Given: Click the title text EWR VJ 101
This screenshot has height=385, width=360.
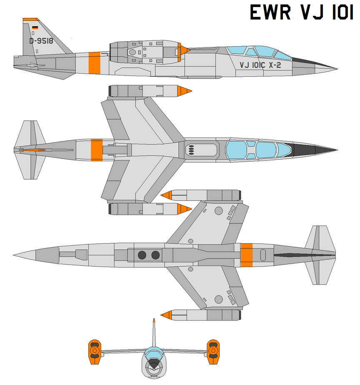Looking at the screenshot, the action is (302, 12).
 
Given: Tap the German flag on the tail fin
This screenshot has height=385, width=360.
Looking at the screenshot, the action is (35, 28).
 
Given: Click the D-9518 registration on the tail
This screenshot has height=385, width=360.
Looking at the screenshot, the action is (41, 41).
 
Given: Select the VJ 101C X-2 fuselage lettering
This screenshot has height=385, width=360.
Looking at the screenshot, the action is (260, 65).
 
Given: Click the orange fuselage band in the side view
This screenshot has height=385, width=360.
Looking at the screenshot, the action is (95, 63).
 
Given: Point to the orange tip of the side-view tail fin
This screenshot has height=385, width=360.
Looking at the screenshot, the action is (31, 19).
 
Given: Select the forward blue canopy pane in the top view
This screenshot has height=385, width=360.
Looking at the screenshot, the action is (284, 150).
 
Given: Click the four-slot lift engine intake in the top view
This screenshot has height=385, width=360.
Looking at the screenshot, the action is (191, 150).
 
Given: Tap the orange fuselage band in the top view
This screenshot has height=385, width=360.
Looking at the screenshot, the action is (97, 150).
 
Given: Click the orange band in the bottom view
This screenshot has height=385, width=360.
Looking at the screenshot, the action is (247, 255).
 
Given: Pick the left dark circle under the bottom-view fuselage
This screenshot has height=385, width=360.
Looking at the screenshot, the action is (142, 255).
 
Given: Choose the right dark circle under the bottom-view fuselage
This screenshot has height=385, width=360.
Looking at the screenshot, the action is (155, 255).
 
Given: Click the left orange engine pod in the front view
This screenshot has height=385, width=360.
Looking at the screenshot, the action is (95, 352).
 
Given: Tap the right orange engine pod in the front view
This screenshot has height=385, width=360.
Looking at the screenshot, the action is (213, 352).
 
